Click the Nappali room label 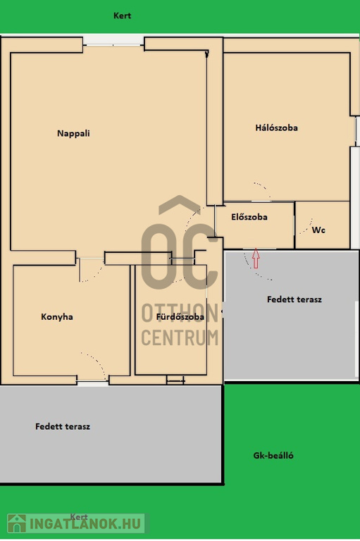[73, 134]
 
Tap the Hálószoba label [276, 128]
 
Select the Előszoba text [249, 217]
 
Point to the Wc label [318, 230]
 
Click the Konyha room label [57, 317]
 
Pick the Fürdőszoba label [180, 317]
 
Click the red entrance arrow [256, 258]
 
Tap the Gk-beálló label [273, 456]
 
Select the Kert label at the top [122, 15]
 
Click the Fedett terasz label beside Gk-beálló [63, 426]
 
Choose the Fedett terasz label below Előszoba [294, 299]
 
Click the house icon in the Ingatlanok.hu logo [17, 523]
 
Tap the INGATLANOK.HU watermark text [86, 524]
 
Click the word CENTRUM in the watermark [180, 338]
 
